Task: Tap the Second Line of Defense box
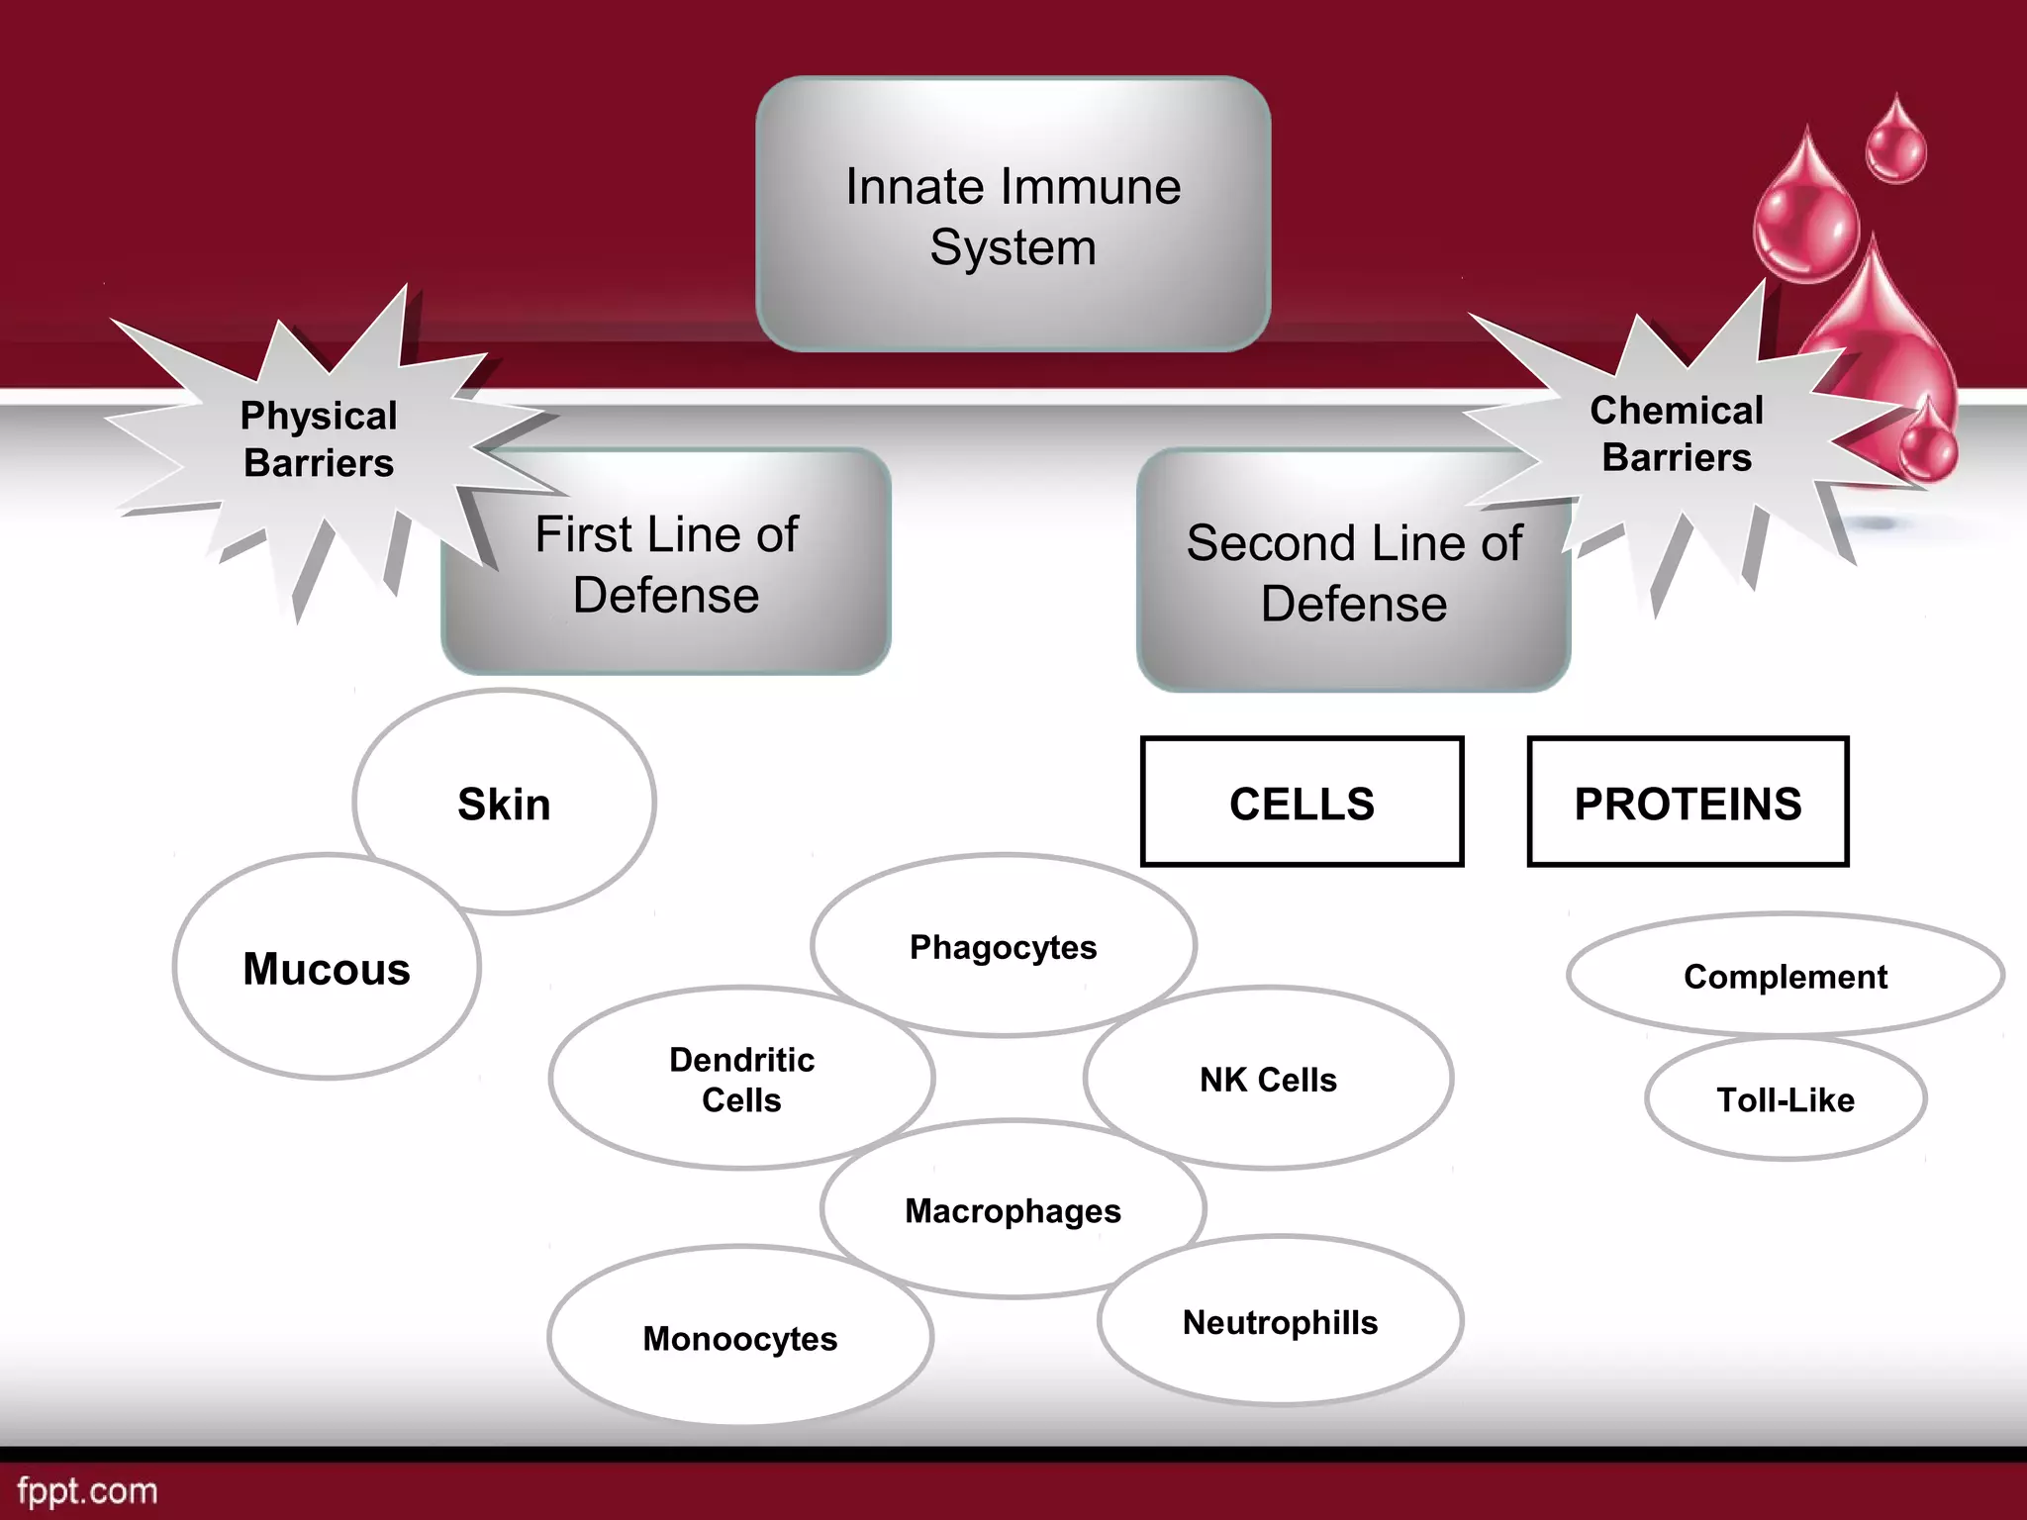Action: pyautogui.click(x=1353, y=573)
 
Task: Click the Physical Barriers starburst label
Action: pyautogui.click(x=319, y=439)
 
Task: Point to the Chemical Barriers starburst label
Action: pyautogui.click(x=1677, y=433)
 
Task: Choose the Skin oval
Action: pyautogui.click(x=504, y=803)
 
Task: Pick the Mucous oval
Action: pyautogui.click(x=327, y=968)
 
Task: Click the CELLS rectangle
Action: pyautogui.click(x=1302, y=803)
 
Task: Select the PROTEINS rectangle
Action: pyautogui.click(x=1688, y=803)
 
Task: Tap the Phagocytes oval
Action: pyautogui.click(x=1003, y=947)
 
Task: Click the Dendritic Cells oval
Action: pyautogui.click(x=741, y=1079)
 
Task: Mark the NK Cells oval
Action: pyautogui.click(x=1268, y=1079)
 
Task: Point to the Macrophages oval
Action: pyautogui.click(x=1013, y=1210)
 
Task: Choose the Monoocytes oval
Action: pyautogui.click(x=739, y=1338)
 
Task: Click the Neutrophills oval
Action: pyautogui.click(x=1280, y=1322)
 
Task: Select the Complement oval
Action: pyautogui.click(x=1786, y=976)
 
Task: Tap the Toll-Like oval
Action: pyautogui.click(x=1786, y=1099)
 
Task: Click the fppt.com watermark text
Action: pyautogui.click(x=87, y=1490)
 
